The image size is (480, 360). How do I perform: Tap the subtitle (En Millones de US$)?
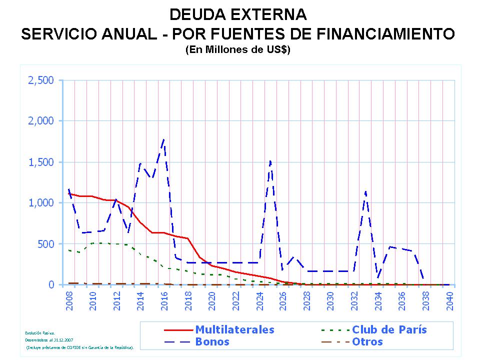tap(237, 50)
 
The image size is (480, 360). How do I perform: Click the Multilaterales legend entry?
tap(234, 330)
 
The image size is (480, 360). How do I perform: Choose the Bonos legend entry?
tap(212, 342)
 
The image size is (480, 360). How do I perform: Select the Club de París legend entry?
tap(389, 330)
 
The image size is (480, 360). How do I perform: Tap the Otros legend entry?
tap(367, 342)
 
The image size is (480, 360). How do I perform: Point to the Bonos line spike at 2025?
tap(270, 161)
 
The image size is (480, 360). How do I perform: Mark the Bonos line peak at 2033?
tap(365, 191)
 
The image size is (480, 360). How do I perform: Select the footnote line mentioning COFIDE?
tap(79, 346)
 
